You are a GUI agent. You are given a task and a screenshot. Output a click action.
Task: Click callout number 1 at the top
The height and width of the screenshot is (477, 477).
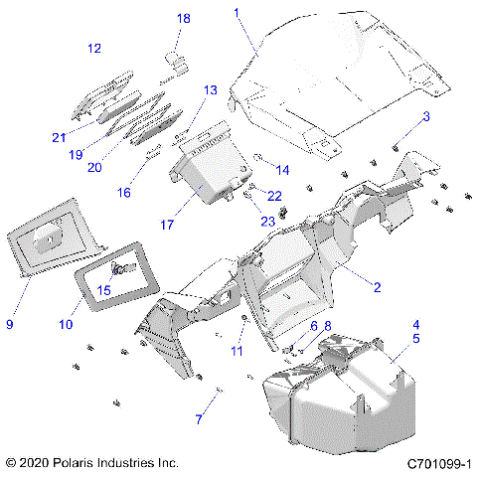coord(237,13)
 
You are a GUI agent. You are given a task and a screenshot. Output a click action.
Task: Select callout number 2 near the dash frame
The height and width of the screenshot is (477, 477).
coord(377,287)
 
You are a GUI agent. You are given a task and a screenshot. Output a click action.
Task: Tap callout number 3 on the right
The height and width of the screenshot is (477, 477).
coord(426,116)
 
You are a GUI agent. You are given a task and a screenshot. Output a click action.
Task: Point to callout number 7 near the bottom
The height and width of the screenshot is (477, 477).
coord(198,419)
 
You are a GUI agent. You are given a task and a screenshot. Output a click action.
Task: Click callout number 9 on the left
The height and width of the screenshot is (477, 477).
coord(10,324)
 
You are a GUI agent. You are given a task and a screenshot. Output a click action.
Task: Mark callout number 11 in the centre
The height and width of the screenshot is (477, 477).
coord(237,352)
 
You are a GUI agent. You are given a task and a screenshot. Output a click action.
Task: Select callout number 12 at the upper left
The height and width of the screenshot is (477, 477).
coord(94,48)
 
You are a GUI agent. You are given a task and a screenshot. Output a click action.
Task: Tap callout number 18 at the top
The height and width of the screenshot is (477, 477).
coord(183,19)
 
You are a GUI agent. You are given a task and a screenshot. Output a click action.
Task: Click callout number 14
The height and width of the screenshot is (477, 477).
coord(282,169)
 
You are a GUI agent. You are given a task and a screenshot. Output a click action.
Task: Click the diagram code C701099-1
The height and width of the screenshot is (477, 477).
coord(437,463)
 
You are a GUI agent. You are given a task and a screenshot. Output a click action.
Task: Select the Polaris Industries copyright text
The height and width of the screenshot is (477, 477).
coord(91,463)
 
